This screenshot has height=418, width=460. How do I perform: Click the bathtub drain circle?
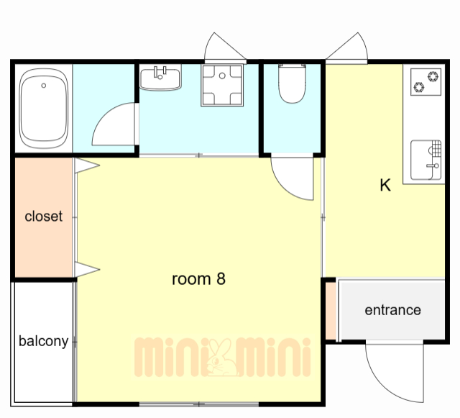coord(44,86)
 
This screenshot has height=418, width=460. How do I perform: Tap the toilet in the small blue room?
coord(292,83)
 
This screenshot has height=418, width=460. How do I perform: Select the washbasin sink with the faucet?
coord(160,78)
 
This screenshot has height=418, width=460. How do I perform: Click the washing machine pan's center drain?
coord(222,76)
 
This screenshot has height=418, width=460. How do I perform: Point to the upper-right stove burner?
coord(433,76)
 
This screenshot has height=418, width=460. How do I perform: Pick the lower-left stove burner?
coord(419,87)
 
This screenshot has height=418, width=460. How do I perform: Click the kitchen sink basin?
coord(425,160)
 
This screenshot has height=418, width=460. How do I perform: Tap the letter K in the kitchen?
coord(385,186)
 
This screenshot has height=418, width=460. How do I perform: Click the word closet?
coord(43,217)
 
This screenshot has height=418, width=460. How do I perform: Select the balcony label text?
coord(43,341)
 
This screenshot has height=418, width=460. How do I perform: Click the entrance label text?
coord(393,310)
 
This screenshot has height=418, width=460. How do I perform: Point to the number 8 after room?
coord(221,278)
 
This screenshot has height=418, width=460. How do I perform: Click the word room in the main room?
coord(191,279)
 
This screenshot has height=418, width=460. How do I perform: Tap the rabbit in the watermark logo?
coord(222,358)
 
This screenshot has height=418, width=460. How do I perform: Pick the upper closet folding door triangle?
coord(87,165)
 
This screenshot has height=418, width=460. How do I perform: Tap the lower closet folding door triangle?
coord(87,269)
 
